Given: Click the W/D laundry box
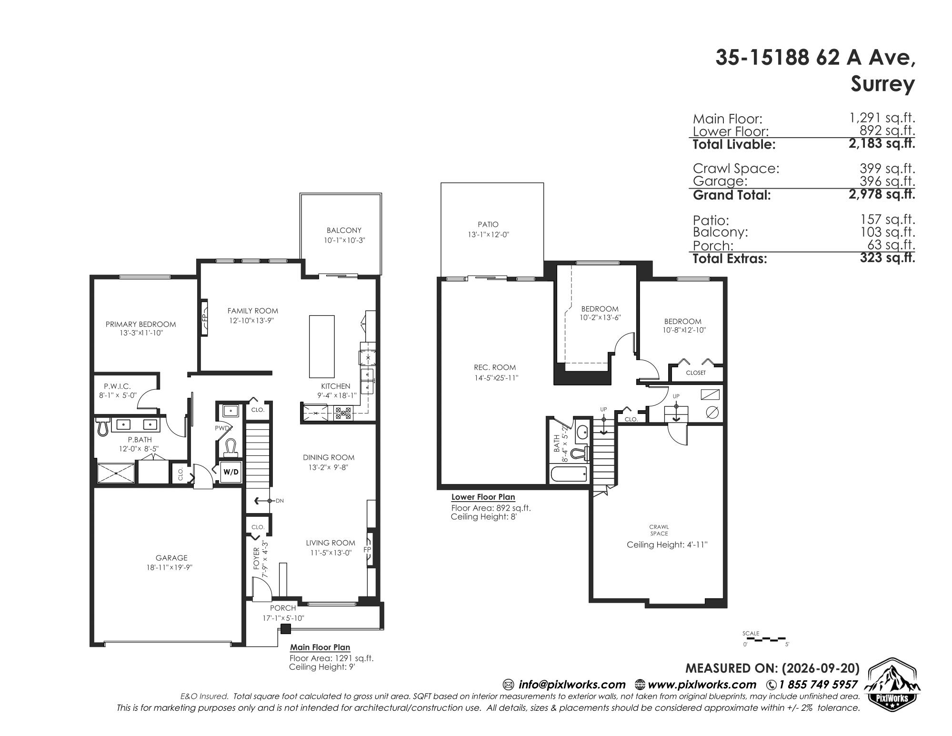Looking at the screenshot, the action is tap(231, 472).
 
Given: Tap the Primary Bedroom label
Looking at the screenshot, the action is tap(140, 324).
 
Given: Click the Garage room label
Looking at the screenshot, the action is tap(171, 558).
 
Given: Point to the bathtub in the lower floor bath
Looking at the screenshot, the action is tap(569, 474).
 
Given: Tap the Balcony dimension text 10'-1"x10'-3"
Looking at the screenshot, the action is tap(344, 241).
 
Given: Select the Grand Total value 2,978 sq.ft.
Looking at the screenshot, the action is tap(882, 194).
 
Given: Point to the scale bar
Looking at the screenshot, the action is tap(766, 638).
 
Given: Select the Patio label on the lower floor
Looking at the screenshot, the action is tap(488, 224).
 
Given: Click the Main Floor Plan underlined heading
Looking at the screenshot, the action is tap(320, 647).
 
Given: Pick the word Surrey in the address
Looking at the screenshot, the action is tap(882, 84).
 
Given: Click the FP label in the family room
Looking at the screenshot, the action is tap(205, 317).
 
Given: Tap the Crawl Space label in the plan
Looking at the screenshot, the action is tap(659, 530).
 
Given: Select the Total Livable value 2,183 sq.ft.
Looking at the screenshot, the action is tap(882, 143).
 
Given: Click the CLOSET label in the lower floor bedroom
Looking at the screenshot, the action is tap(696, 373).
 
